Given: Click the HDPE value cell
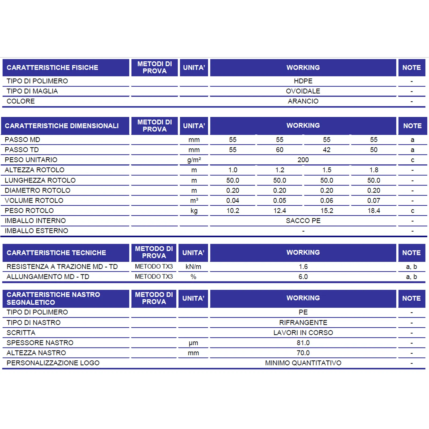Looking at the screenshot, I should click(x=303, y=81).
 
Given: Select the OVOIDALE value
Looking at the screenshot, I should click(x=303, y=91).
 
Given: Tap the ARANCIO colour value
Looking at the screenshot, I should click(x=303, y=101).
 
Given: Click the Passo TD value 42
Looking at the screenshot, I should click(x=327, y=150).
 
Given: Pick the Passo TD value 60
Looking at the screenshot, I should click(x=280, y=150).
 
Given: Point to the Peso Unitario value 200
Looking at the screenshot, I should click(x=303, y=160).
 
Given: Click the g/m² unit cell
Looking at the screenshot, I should click(x=194, y=160).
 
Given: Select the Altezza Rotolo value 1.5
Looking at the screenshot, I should click(x=327, y=170).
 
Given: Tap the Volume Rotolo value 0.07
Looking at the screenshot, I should click(x=374, y=201).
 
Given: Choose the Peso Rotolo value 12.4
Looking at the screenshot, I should click(x=280, y=211).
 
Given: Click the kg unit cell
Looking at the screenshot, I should click(x=194, y=211).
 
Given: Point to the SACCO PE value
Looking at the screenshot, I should click(x=303, y=221).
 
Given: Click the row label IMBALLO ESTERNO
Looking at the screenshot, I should click(x=36, y=231).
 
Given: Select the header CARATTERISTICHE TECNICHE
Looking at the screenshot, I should click(x=56, y=253).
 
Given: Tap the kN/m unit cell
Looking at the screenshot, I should click(x=193, y=267).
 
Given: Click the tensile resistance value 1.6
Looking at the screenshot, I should click(x=303, y=267).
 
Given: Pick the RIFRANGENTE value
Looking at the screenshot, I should click(x=303, y=323).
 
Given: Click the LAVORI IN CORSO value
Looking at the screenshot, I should click(x=303, y=333).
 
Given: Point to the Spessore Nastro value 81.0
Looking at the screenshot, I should click(x=303, y=343).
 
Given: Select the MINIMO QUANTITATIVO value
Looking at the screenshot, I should click(x=303, y=363).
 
